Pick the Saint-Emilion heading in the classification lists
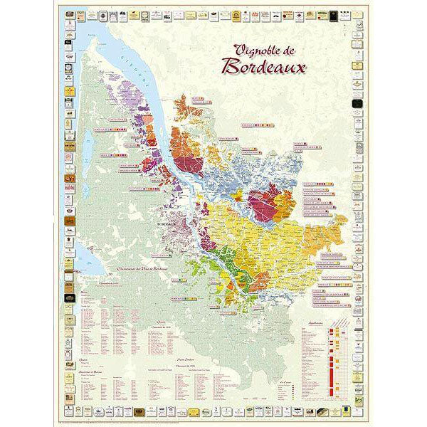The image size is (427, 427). coord(206,359)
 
